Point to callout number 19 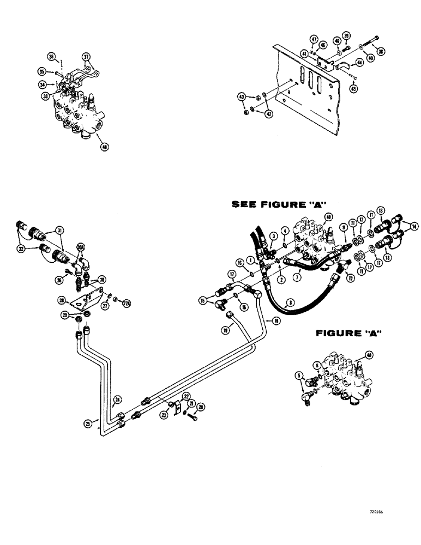click(225, 329)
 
